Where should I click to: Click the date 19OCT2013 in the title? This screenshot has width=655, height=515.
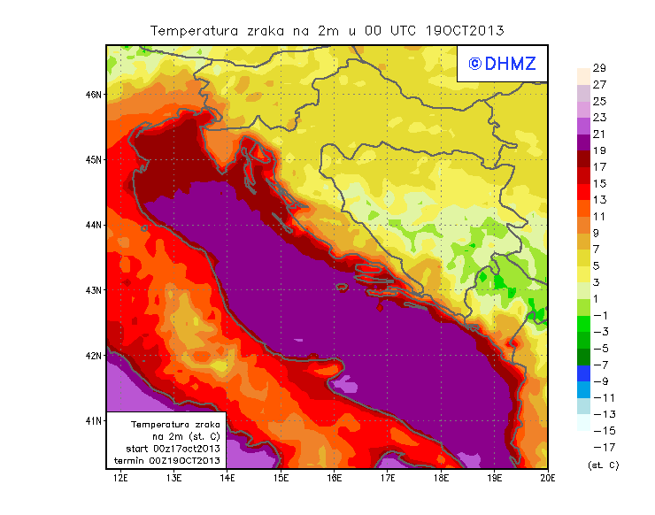464,30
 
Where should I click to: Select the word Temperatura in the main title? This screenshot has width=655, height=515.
194,30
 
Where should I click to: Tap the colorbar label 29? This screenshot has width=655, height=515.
598,68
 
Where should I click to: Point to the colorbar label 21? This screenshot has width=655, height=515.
598,134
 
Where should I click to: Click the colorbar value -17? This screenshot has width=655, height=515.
600,447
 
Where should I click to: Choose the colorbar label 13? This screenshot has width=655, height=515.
598,199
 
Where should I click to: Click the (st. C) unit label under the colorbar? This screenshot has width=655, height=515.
603,465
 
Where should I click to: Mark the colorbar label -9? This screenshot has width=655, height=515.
600,380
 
